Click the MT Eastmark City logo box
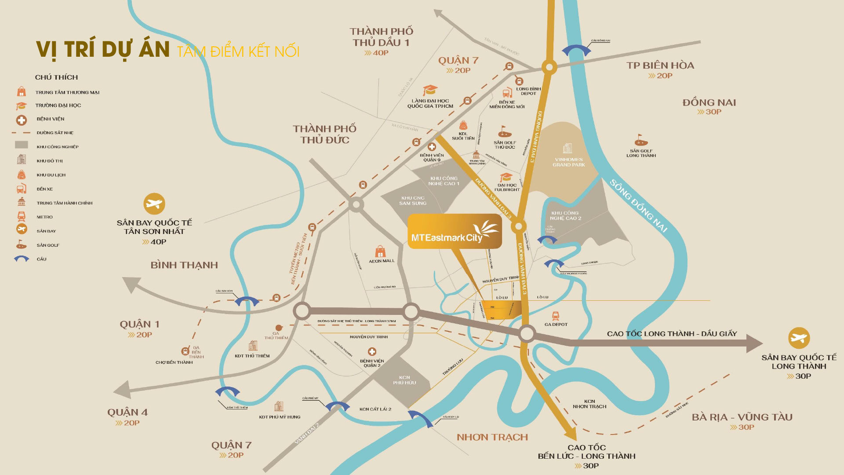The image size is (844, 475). (455, 232)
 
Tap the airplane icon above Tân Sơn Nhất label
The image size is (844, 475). (154, 204)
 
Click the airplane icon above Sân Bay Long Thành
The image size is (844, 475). (799, 338)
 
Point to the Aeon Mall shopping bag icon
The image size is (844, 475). (380, 252)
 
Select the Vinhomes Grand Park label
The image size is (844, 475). (568, 162)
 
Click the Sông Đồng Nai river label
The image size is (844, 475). (638, 206)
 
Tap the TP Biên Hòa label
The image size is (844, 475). (660, 66)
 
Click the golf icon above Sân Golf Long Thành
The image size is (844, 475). (641, 140)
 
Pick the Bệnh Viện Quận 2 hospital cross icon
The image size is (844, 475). (372, 351)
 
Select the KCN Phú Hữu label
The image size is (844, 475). (404, 380)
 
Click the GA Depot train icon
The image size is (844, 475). (556, 316)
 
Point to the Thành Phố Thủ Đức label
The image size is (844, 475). (324, 134)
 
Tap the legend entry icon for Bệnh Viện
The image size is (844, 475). (21, 120)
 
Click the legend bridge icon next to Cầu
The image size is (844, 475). (21, 259)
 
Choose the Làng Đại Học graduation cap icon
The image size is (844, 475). (429, 90)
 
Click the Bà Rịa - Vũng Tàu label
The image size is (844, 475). (742, 417)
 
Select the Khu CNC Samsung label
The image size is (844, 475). (413, 201)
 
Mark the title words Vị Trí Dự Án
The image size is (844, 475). (102, 49)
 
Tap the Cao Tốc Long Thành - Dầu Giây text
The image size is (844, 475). (672, 334)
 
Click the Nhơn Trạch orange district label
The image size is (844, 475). (492, 437)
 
